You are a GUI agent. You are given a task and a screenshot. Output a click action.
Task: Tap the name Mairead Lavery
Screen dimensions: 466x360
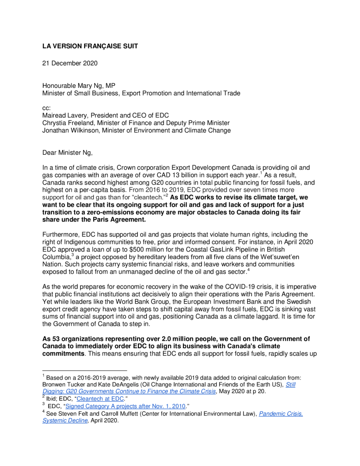64,116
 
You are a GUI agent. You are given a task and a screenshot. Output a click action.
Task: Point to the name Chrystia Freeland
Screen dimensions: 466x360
68,123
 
